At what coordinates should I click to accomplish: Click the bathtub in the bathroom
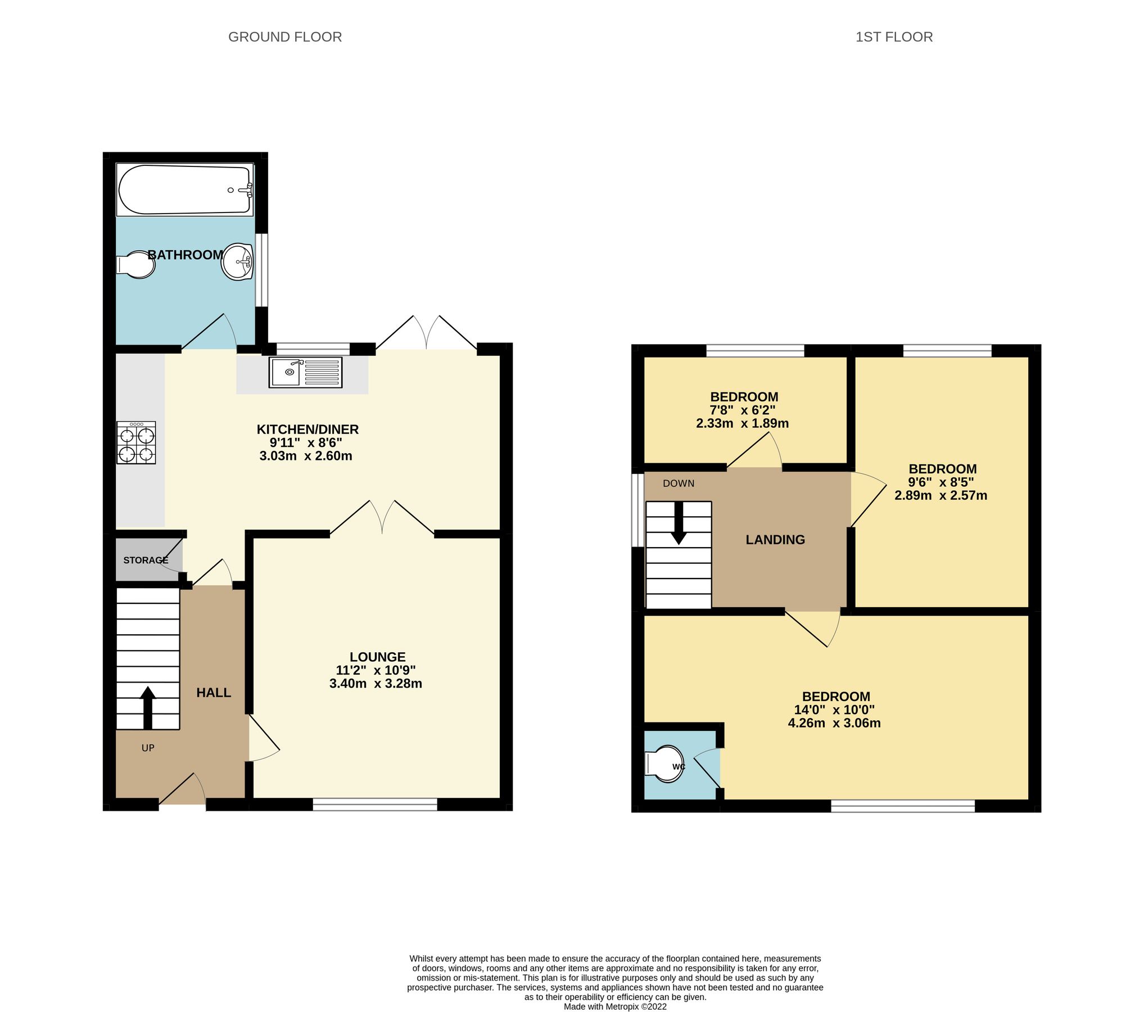coord(184,190)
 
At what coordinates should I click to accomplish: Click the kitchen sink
coord(305,372)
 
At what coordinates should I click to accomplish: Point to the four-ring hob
coord(136,443)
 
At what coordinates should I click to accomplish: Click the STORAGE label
coord(146,560)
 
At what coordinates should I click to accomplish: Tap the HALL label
coord(214,693)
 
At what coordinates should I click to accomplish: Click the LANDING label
coord(775,540)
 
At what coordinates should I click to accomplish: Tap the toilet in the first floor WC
coord(663,764)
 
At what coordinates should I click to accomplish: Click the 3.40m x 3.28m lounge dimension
coord(376,684)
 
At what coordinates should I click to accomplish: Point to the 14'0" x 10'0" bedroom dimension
coord(836,710)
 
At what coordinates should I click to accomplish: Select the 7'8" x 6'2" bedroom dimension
coord(744,410)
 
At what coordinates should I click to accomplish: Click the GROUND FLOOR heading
coord(285,37)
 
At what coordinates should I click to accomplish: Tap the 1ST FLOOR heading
coord(894,37)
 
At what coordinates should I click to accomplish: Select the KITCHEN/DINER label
coord(308,430)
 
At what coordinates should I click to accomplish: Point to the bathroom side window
coord(261,270)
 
